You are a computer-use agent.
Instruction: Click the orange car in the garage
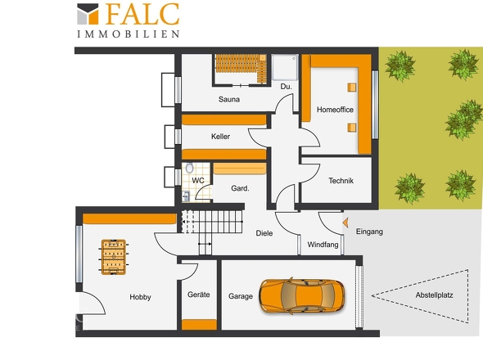pos(302,296)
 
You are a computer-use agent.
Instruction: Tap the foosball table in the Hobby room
pos(114,257)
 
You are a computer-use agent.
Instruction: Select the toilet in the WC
pos(189,168)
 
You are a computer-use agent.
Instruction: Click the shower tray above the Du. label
pos(285,67)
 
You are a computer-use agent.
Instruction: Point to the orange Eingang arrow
pos(345,223)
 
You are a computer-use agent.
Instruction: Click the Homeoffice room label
pos(335,110)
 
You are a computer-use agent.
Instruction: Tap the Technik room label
pos(341,181)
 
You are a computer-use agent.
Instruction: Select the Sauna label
pos(229,100)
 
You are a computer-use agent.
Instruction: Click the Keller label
pos(220,137)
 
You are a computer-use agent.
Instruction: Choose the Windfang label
pos(323,245)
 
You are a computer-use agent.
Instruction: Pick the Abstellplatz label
pos(435,295)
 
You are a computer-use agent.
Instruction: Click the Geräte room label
pos(199,295)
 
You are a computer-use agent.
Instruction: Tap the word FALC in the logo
pos(142,14)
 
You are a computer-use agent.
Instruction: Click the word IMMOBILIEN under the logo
pos(129,34)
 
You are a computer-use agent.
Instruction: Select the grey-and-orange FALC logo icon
pos(88,14)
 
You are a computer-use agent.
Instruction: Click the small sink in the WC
pos(186,196)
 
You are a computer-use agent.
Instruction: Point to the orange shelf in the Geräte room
pos(199,325)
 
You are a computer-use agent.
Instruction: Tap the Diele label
pos(264,233)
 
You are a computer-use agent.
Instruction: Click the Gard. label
pos(240,188)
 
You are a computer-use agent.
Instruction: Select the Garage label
pos(241,296)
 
